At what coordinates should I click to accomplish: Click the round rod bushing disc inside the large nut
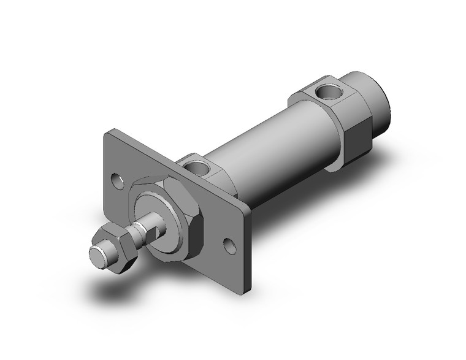tap(161, 215)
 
